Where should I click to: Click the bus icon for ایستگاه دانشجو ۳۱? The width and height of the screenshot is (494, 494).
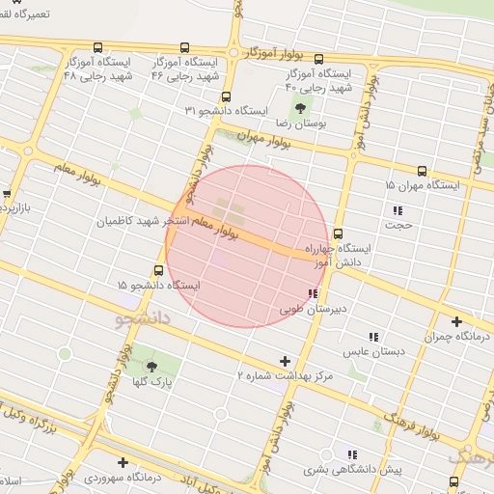point(226,96)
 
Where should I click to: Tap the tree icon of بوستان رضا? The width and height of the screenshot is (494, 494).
point(300,108)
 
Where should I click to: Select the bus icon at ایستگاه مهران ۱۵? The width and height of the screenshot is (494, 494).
point(423,170)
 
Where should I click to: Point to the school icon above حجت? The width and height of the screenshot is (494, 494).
point(398,209)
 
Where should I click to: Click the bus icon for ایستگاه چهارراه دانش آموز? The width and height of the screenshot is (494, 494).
point(338,233)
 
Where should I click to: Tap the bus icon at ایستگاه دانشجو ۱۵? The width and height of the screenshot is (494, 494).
point(158,271)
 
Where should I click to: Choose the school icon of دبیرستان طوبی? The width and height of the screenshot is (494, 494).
point(312,293)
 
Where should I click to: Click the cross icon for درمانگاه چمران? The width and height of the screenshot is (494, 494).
point(455,321)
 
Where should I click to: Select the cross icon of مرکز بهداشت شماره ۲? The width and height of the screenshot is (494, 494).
point(284,361)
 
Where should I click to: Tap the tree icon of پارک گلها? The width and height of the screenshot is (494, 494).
point(151,366)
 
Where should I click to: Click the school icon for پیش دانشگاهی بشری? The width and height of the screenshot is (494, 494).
point(352,453)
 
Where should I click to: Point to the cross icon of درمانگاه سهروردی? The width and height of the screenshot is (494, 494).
point(123,462)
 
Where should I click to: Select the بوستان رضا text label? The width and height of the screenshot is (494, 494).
point(302,124)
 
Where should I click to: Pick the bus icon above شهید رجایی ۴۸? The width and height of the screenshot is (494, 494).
point(97,47)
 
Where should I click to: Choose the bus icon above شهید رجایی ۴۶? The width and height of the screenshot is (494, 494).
point(184,47)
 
